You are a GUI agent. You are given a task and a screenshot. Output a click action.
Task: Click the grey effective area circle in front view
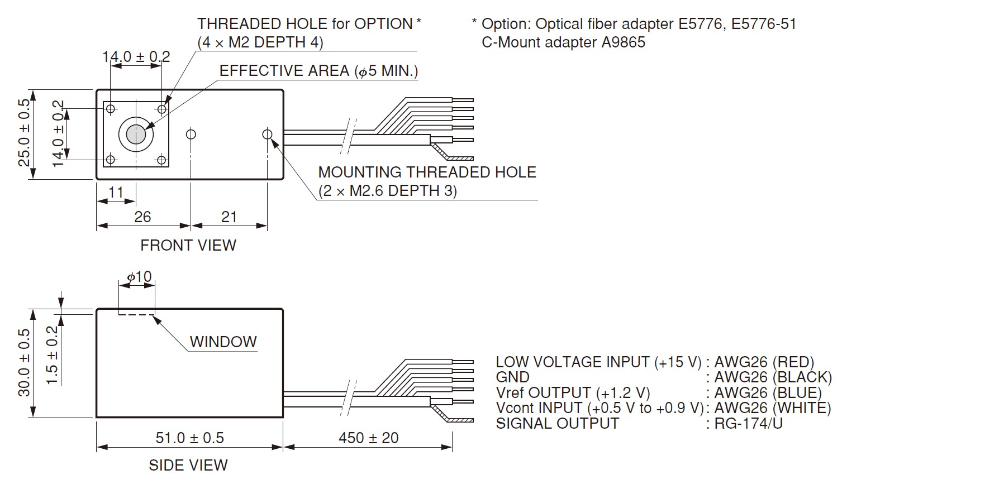[x=136, y=134]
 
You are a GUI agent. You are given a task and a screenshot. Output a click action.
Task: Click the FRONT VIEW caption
[x=188, y=245]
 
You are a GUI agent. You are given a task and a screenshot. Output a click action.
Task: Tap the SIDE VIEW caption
[x=188, y=465]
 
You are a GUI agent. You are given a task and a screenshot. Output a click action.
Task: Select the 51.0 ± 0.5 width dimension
[x=189, y=438]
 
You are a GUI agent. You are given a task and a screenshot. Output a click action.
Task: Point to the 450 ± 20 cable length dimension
[x=369, y=438]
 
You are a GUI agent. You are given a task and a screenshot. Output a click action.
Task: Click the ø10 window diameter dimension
[x=139, y=277]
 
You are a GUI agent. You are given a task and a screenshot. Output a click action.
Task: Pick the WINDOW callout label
[x=223, y=342]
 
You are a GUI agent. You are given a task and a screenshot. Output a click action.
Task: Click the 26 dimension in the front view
[x=142, y=217]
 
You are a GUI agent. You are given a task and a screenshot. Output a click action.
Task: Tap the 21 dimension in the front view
[x=229, y=217]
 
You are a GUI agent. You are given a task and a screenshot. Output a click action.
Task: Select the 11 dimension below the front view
[x=116, y=193]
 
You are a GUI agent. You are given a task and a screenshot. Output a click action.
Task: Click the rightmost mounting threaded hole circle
[x=267, y=134]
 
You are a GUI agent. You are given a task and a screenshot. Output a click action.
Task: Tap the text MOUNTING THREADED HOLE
[x=427, y=172]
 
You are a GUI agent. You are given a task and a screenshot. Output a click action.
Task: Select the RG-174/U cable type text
[x=749, y=423]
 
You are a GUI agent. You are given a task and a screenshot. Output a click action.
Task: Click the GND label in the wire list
[x=512, y=377]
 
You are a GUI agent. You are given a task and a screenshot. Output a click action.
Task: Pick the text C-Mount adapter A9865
[x=563, y=42]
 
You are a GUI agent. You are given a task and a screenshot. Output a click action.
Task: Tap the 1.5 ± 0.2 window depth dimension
[x=52, y=355]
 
